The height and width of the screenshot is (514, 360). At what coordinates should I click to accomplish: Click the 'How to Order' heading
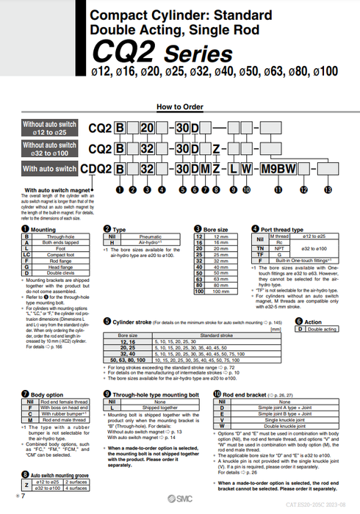180,106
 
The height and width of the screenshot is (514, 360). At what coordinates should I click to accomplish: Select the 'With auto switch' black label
49,169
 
